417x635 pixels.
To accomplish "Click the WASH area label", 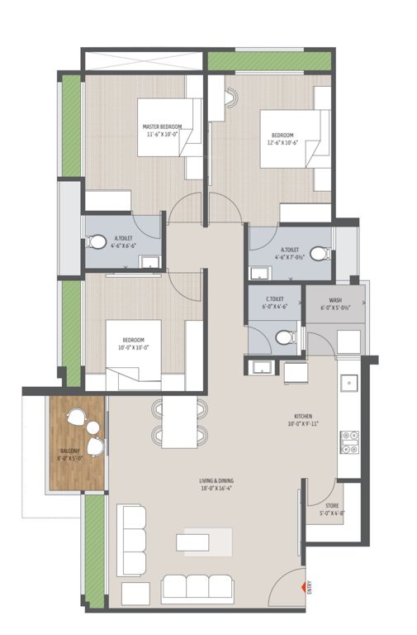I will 335,300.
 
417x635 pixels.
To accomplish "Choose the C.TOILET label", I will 275,298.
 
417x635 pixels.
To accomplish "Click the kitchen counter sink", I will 348,384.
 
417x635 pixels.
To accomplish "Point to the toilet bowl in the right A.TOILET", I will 319,254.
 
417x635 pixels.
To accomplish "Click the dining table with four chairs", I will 180,423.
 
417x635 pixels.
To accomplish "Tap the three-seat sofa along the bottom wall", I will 199,588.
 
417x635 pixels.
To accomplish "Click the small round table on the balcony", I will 93,428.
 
